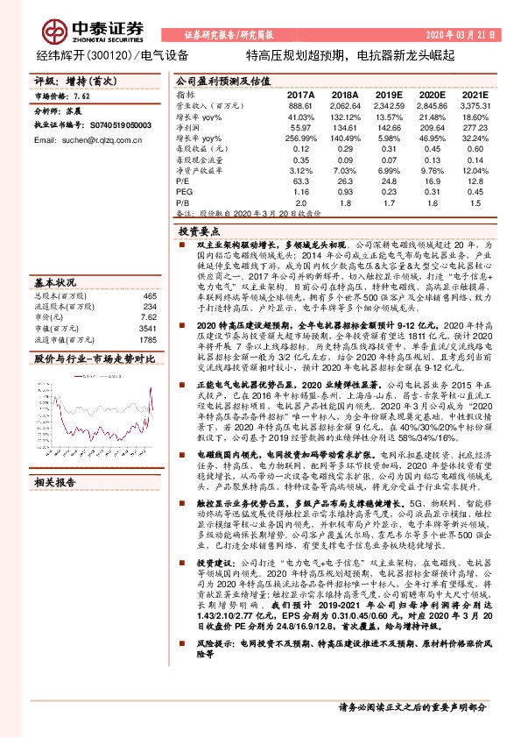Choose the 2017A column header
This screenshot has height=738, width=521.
point(300,93)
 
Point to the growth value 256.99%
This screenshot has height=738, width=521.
point(300,140)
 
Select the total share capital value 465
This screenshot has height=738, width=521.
point(150,272)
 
